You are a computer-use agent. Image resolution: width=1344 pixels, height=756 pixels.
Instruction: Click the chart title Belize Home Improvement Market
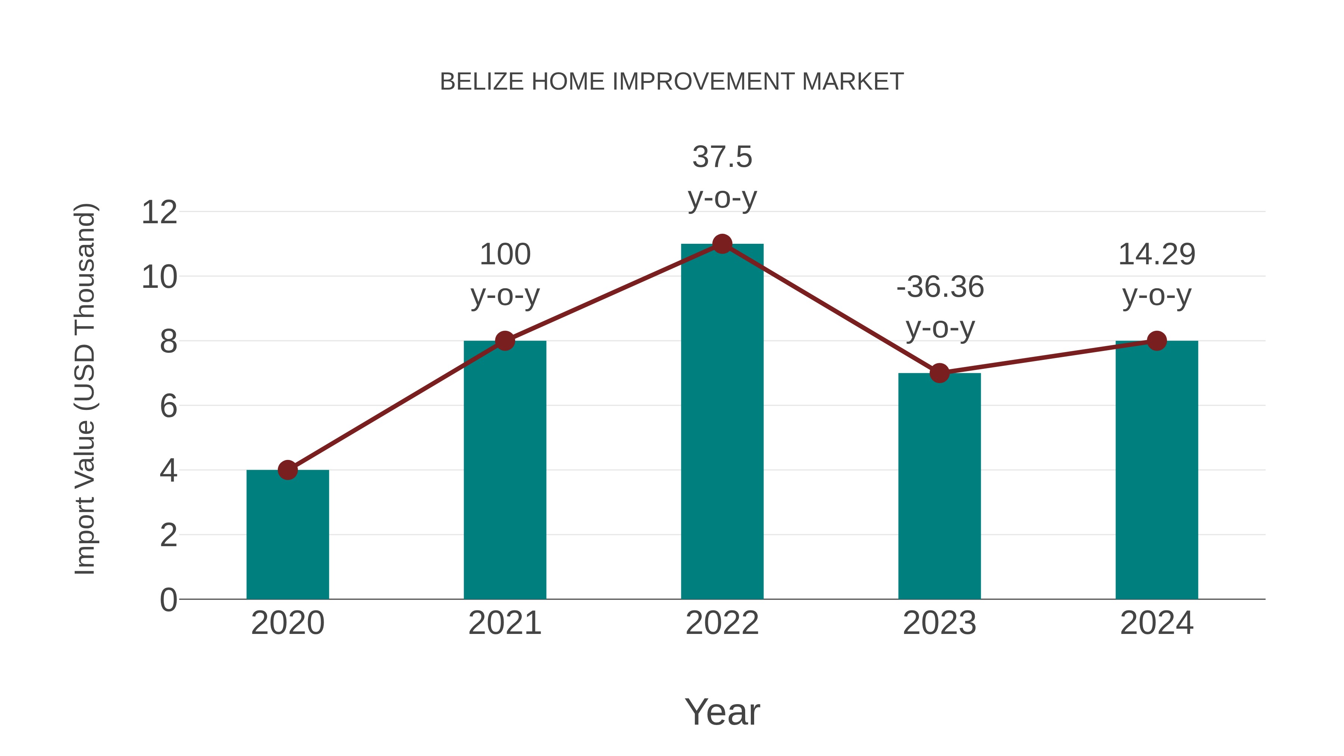coord(672,82)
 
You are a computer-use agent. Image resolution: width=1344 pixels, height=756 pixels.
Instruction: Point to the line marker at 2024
coord(1157,341)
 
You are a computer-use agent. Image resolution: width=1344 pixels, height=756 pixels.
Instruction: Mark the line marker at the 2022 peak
coord(722,244)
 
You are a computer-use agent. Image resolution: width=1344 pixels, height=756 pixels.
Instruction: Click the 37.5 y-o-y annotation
coord(722,177)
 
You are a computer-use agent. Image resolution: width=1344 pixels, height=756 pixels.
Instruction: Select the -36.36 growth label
coord(940,307)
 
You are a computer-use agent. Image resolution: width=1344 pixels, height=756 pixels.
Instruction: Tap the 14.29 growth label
coord(1157,274)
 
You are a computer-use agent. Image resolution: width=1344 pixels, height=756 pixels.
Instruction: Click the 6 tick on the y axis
coord(168,406)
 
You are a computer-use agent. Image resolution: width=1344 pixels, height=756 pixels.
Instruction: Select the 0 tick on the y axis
coord(168,600)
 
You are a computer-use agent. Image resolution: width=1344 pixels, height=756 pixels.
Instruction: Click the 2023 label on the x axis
coord(939,623)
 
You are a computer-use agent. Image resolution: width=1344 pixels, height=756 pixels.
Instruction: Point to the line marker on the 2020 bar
coord(287,470)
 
